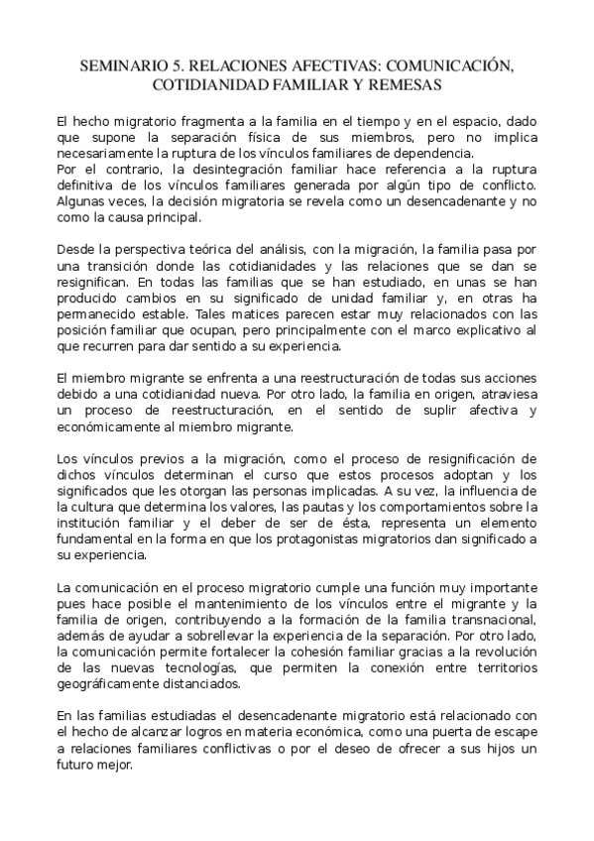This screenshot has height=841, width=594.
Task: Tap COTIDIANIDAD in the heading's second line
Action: [211, 85]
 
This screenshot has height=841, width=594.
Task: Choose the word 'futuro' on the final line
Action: [78, 765]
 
